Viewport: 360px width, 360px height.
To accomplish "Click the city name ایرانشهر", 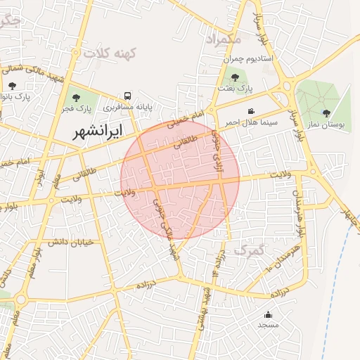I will tap(97, 131).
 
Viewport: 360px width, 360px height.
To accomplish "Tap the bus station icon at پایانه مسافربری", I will tap(127, 96).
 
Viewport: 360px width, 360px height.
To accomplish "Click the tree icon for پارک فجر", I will tap(77, 98).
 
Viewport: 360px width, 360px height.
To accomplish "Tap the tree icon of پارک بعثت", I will tap(234, 77).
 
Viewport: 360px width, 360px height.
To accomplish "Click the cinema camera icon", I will tap(251, 111).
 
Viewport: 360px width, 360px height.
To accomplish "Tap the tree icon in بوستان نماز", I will tap(326, 112).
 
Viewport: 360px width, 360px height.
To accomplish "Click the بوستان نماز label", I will tap(328, 124).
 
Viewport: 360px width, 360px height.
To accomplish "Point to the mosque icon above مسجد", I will tap(268, 314).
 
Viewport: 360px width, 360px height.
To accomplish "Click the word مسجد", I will tap(268, 325).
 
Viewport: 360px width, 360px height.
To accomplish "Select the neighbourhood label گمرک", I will tap(250, 250).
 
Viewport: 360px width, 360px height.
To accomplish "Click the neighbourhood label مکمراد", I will tap(224, 39).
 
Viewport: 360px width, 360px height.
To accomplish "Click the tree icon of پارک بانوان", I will tap(12, 85).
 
